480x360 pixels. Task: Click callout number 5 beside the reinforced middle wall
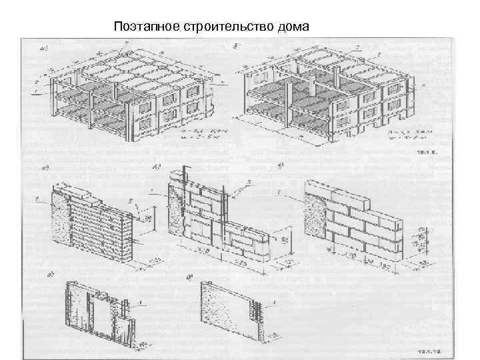(x=249, y=182)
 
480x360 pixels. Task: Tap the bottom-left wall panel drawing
(x=100, y=313)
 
